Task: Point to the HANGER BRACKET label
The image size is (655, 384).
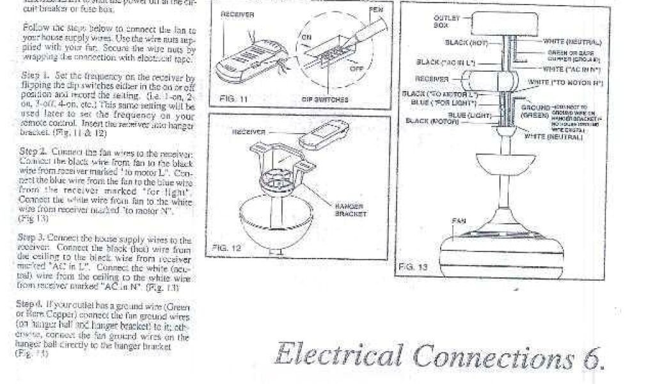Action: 349,211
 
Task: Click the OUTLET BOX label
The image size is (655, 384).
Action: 442,21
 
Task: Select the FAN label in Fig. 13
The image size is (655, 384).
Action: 459,221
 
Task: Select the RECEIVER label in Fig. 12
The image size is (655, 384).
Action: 248,132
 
